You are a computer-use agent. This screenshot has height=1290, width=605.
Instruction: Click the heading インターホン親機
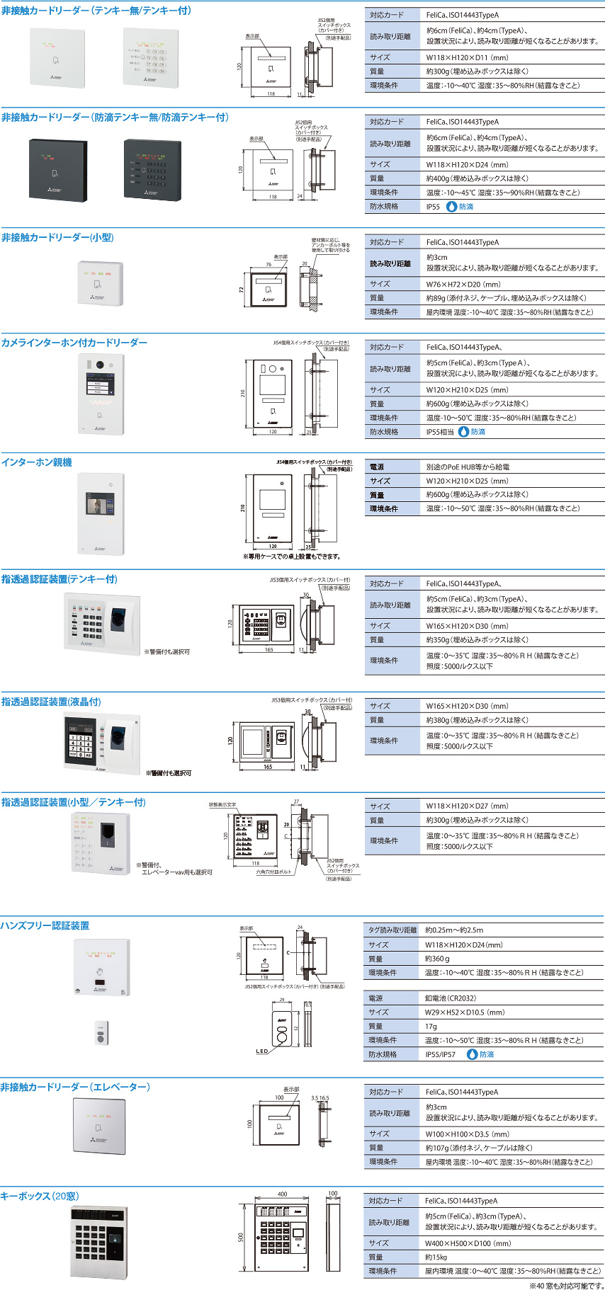pos(37,462)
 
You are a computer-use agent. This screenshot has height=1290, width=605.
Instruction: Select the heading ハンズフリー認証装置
pos(45,925)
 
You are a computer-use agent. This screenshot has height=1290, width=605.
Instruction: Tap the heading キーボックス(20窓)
pos(40,1196)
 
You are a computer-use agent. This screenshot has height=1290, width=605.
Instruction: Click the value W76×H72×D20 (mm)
pos(463,284)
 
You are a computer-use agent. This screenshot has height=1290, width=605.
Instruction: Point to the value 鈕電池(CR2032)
pos(451,998)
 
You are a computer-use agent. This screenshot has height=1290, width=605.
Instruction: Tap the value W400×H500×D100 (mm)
pos(468,1243)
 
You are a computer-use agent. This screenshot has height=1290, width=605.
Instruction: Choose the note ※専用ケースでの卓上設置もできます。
pos(292,556)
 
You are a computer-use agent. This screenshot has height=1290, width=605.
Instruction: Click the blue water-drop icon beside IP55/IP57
pos(473,1054)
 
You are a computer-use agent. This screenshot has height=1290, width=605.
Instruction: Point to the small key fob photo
pos(101,1032)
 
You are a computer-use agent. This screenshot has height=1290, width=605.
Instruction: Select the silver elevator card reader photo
pos(99,1125)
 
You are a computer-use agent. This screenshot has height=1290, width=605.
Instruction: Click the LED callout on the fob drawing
pos(262,1051)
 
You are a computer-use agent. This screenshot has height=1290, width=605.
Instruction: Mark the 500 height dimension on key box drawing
pos(241,1237)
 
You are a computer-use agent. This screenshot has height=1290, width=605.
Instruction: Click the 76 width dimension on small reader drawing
pos(268,265)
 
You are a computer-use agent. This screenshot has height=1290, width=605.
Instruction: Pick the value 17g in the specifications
pos(431,1026)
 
